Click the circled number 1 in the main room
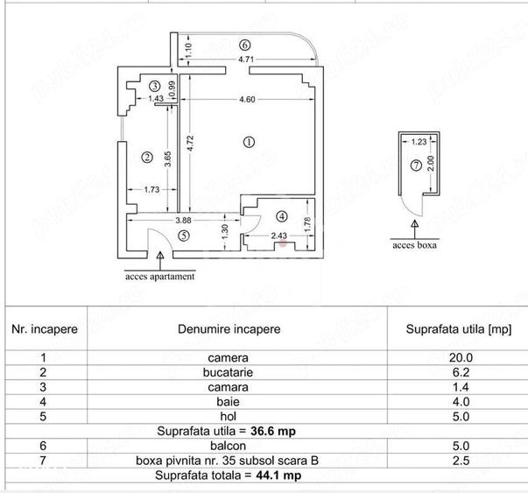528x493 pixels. [249, 142]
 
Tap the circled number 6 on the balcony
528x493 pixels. [245, 45]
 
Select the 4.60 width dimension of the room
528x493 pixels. [247, 99]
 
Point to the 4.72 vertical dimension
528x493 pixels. [190, 143]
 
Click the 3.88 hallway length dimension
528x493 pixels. [183, 221]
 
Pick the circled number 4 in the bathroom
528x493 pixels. [282, 216]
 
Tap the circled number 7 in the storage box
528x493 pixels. [416, 166]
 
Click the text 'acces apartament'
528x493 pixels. [160, 277]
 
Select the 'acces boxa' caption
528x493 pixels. [414, 245]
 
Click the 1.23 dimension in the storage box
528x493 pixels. [419, 142]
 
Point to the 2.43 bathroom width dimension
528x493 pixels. [279, 236]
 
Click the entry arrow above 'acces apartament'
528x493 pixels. [160, 261]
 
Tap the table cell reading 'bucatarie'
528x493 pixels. [228, 372]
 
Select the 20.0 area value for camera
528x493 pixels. [461, 357]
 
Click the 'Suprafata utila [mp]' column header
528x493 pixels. [459, 329]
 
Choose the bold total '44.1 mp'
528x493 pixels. [278, 475]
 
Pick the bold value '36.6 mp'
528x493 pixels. [273, 431]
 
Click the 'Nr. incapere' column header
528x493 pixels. [45, 329]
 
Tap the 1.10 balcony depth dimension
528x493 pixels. [188, 50]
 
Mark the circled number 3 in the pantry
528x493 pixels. [155, 86]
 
